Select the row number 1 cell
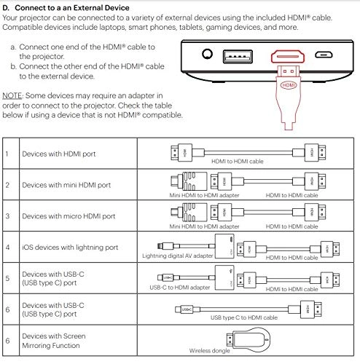pyautogui.click(x=7, y=154)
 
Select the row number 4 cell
pyautogui.click(x=7, y=247)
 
